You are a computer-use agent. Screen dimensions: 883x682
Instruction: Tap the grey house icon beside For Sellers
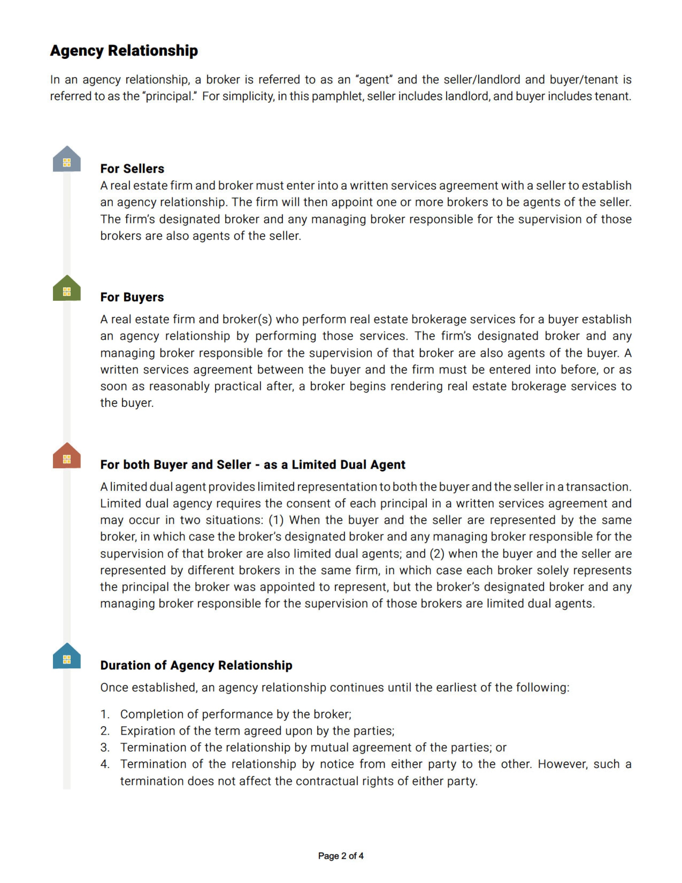pos(67,160)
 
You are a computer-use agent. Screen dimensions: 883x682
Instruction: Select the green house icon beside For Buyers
pos(67,289)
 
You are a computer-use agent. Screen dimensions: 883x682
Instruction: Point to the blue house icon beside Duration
pos(67,657)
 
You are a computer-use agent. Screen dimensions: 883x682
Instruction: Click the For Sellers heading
pos(132,169)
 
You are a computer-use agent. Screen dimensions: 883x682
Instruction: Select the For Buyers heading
pos(132,297)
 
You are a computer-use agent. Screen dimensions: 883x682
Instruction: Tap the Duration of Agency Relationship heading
pos(196,665)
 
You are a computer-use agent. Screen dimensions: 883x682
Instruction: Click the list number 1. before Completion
pos(105,714)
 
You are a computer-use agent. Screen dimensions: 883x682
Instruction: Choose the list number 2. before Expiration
pos(105,731)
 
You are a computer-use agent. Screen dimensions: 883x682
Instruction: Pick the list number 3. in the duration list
pos(105,748)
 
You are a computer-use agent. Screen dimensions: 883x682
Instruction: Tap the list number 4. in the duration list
pos(105,764)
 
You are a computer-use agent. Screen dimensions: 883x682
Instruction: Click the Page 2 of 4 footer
pos(341,856)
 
